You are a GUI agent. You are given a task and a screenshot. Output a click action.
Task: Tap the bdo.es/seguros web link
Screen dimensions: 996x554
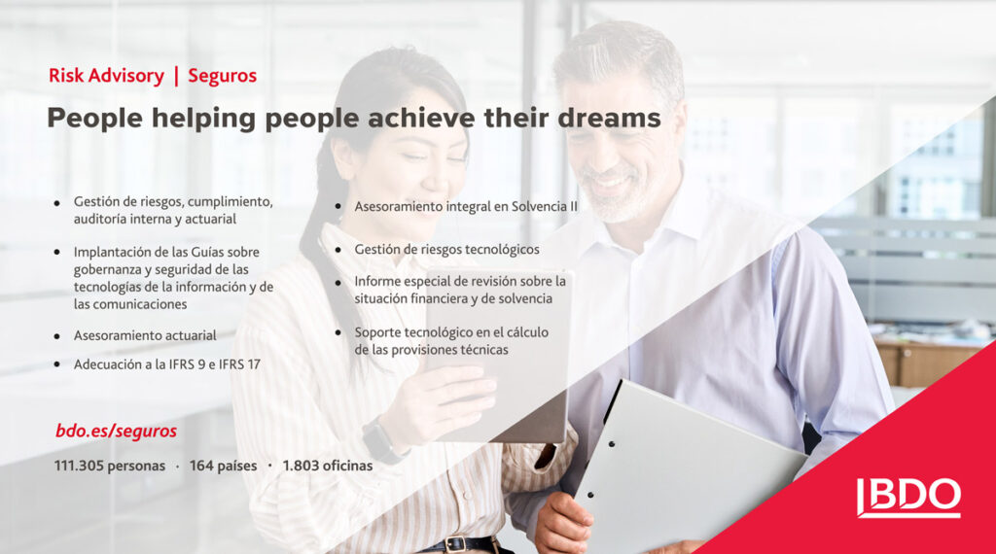pyautogui.click(x=117, y=431)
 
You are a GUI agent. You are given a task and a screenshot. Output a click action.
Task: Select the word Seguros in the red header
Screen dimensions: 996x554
pyautogui.click(x=223, y=76)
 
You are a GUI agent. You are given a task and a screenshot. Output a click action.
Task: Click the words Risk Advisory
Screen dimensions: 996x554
pyautogui.click(x=106, y=76)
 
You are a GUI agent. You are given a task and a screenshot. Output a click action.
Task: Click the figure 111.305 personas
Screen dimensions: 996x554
pyautogui.click(x=109, y=466)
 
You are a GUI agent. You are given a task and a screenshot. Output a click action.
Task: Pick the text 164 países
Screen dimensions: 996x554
pyautogui.click(x=223, y=466)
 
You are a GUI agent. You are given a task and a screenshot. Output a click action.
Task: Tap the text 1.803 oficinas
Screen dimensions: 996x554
pyautogui.click(x=328, y=466)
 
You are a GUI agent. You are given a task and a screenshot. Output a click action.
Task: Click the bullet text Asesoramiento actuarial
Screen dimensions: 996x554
pyautogui.click(x=145, y=335)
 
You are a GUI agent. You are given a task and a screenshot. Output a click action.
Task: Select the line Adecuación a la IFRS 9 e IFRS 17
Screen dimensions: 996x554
pyautogui.click(x=167, y=364)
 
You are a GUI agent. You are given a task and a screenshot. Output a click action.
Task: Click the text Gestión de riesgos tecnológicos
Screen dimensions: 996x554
pyautogui.click(x=446, y=250)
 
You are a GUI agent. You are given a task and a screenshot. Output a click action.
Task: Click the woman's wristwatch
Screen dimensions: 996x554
pyautogui.click(x=380, y=439)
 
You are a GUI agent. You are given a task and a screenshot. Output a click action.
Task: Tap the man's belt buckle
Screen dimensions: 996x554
pyautogui.click(x=455, y=544)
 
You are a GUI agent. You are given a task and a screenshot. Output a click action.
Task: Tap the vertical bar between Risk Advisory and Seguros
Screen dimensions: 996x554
pyautogui.click(x=177, y=76)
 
